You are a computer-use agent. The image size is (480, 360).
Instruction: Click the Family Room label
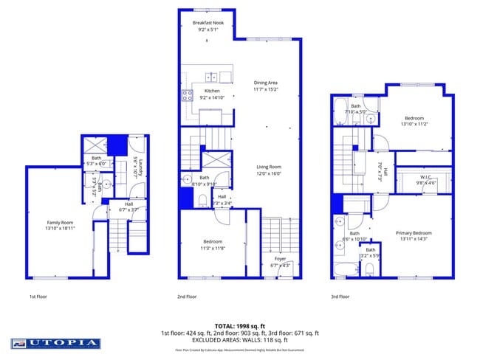point(61,223)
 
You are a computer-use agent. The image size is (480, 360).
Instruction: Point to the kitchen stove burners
point(187,94)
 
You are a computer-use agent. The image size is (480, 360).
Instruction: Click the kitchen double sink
point(211,76)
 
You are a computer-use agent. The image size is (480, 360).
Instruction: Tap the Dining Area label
point(266,83)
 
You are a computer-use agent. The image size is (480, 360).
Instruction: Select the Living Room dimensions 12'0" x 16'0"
point(269,174)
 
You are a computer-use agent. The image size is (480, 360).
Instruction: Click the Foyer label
point(280,258)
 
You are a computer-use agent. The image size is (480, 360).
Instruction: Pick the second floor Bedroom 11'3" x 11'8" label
point(212,241)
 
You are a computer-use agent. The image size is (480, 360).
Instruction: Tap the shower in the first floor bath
point(96,144)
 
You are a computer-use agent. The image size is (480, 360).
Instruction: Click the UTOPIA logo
point(56,343)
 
